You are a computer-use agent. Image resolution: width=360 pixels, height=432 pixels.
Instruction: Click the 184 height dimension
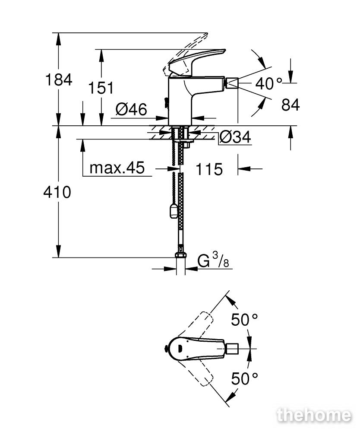pyautogui.click(x=59, y=80)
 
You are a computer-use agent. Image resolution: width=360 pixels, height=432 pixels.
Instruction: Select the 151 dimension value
pyautogui.click(x=101, y=88)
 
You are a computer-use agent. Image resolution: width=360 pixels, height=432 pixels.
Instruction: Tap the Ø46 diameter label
pyautogui.click(x=132, y=109)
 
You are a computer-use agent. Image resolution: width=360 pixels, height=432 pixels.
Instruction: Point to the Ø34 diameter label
pyautogui.click(x=236, y=137)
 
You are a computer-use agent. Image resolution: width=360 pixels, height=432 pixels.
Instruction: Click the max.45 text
pyautogui.click(x=117, y=168)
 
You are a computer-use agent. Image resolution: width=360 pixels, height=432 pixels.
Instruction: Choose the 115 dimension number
pyautogui.click(x=209, y=169)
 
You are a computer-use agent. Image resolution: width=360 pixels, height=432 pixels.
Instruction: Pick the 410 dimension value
pyautogui.click(x=57, y=192)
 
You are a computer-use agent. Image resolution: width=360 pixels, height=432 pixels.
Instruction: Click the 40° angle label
pyautogui.click(x=269, y=83)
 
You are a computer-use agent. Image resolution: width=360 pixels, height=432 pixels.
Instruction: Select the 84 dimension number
pyautogui.click(x=291, y=105)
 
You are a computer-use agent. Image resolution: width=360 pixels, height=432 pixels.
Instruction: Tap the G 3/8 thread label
pyautogui.click(x=213, y=260)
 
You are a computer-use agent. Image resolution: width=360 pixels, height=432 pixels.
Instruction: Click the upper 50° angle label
pyautogui.click(x=244, y=320)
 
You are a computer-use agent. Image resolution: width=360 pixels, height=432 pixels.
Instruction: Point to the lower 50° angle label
pyautogui.click(x=244, y=378)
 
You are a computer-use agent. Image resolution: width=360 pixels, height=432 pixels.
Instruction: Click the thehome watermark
pyautogui.click(x=314, y=415)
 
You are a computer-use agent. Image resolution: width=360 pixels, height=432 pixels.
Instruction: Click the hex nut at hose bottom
pyautogui.click(x=180, y=255)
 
